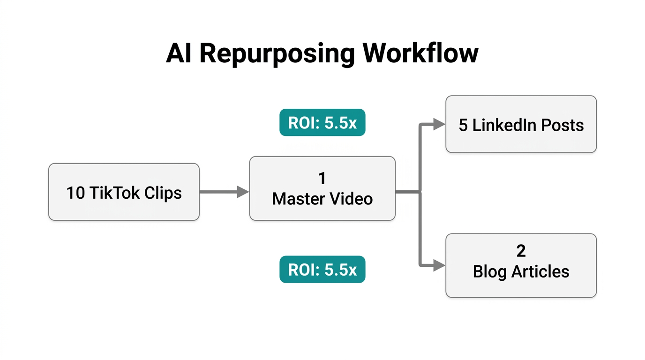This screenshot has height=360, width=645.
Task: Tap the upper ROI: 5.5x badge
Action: tap(322, 123)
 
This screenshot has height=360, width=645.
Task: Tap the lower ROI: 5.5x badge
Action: tap(322, 270)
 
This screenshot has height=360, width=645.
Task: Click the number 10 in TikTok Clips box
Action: tap(75, 193)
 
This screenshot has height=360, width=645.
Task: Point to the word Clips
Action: tap(163, 193)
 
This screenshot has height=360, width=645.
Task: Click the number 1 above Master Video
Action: tap(322, 178)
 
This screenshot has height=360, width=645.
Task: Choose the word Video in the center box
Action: tap(352, 199)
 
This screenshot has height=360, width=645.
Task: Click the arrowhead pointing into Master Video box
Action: tap(243, 192)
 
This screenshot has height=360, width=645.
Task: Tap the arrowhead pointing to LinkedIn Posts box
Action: tap(439, 124)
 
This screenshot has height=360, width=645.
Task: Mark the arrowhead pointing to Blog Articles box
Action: tap(439, 265)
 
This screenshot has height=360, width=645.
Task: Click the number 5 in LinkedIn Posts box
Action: tap(463, 125)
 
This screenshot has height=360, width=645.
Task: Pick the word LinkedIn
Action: tap(503, 125)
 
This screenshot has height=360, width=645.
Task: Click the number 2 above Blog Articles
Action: tap(521, 251)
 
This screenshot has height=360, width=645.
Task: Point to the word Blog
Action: tap(490, 271)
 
